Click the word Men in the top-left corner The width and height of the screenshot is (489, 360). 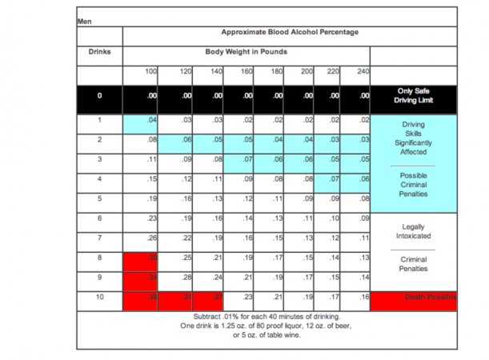(83, 21)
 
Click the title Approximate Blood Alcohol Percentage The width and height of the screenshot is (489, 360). (290, 32)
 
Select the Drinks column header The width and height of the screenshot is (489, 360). (99, 53)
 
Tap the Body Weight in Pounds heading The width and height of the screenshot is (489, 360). (247, 53)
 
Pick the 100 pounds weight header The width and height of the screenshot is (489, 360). (150, 72)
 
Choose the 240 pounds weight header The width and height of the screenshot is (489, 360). (363, 72)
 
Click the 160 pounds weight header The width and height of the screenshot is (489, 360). (247, 72)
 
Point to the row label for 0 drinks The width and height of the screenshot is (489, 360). (99, 97)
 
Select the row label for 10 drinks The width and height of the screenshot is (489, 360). (99, 298)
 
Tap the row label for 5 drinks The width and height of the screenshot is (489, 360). (99, 198)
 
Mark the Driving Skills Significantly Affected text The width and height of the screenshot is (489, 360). (413, 138)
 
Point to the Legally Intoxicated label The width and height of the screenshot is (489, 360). (413, 231)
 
